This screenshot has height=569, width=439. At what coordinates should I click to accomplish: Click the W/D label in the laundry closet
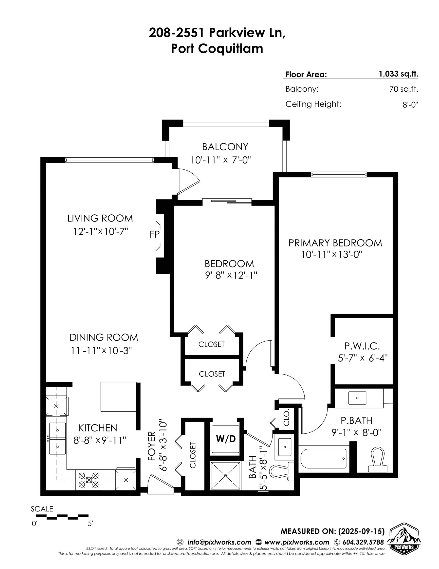226,439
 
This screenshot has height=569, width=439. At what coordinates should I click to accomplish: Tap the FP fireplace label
154,234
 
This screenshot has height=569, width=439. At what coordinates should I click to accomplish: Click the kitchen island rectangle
118,397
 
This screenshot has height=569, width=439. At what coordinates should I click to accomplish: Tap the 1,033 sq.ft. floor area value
398,74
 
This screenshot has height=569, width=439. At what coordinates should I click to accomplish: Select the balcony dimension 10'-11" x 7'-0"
220,160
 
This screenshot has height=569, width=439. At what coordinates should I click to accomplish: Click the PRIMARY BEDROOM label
335,243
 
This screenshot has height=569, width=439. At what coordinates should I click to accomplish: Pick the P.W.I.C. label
362,346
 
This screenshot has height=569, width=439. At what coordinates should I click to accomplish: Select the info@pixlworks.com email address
219,542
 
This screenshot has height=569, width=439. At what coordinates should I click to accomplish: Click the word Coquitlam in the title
230,48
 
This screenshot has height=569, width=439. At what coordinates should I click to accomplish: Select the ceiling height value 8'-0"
410,105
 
